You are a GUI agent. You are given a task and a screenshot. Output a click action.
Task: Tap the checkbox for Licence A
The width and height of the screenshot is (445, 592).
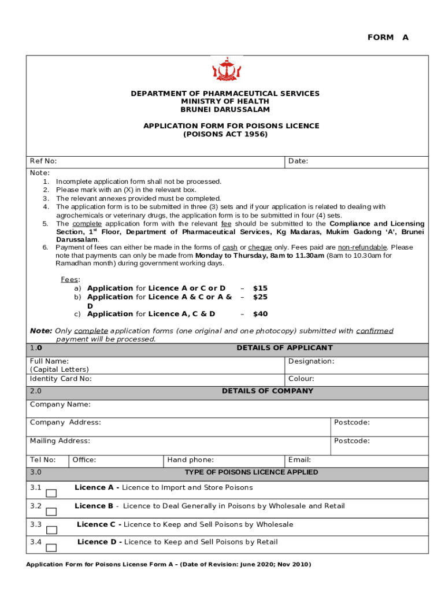51,493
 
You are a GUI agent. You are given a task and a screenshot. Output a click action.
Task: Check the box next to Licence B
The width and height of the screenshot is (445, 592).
51,512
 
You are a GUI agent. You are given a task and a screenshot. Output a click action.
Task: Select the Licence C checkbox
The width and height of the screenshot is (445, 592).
51,530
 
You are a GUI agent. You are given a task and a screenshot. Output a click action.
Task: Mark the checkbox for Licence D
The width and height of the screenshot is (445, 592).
51,547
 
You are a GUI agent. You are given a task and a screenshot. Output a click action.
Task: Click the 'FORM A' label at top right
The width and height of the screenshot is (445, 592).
388,38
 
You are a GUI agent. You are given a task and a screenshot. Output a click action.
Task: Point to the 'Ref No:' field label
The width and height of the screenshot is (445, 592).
43,161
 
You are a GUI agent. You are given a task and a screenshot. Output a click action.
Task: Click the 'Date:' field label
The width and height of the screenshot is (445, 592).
298,161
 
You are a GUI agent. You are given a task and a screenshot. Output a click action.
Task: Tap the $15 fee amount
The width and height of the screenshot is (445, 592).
260,288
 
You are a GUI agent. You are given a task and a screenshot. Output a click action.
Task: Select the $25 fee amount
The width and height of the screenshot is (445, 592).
260,297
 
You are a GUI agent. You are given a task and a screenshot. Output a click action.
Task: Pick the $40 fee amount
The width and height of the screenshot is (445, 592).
260,314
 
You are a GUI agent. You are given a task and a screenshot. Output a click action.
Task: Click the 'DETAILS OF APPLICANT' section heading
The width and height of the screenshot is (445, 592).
284,348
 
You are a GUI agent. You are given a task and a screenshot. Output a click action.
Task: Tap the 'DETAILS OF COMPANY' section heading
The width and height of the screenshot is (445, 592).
268,391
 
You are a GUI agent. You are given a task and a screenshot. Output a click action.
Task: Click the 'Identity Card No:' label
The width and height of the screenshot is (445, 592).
61,379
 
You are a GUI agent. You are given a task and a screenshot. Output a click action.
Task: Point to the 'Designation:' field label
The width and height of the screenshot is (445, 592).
311,361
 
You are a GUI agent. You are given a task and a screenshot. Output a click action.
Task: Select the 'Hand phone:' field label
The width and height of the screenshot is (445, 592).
190,460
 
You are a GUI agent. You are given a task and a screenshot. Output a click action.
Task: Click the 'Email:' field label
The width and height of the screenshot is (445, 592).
299,460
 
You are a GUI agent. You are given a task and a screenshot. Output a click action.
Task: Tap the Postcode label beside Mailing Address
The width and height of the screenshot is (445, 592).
351,441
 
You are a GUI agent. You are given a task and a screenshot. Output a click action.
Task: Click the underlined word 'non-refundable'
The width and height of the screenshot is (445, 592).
362,247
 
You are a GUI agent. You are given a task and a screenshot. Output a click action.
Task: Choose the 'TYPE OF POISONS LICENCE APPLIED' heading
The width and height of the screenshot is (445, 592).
251,472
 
